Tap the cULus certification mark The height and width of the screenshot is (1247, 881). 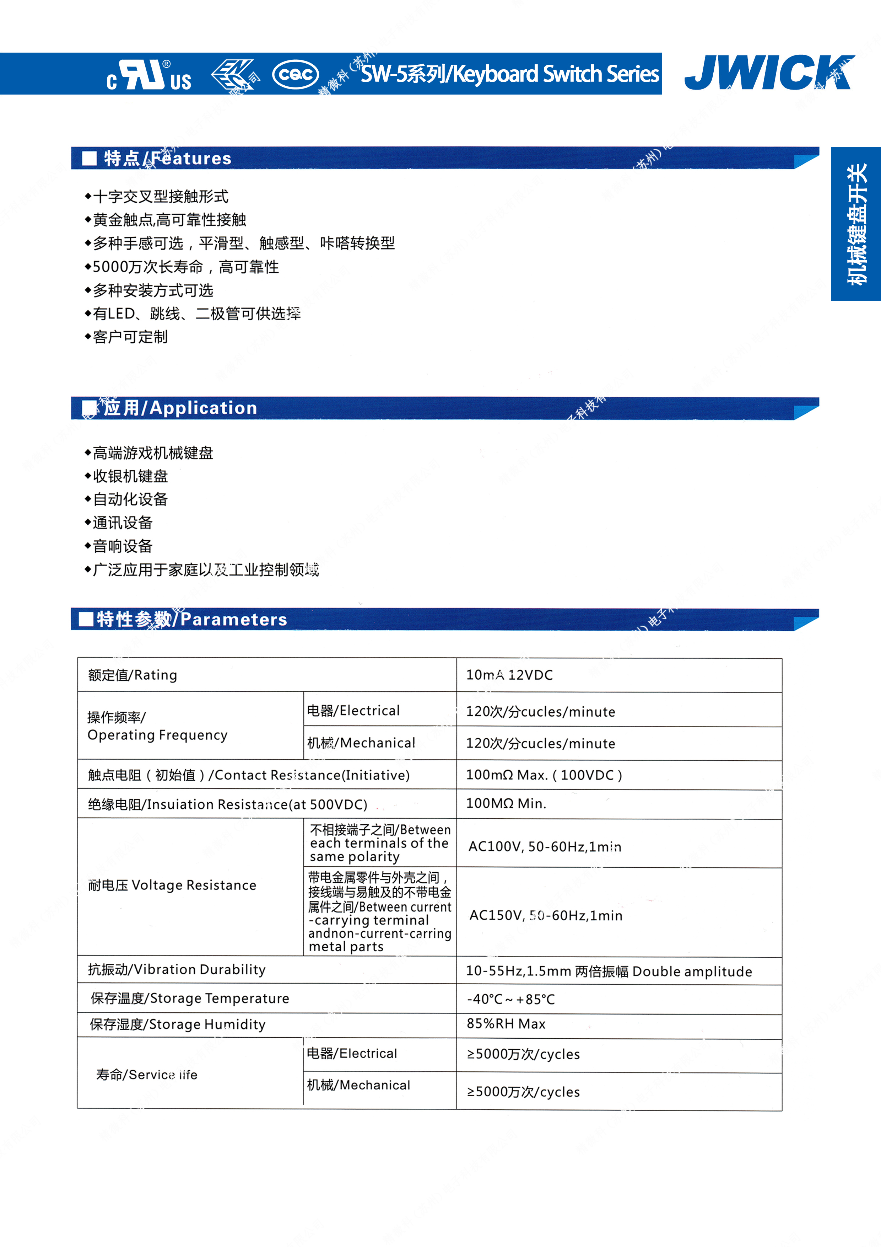point(149,75)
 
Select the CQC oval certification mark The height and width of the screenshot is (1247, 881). point(295,74)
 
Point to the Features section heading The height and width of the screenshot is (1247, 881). point(168,158)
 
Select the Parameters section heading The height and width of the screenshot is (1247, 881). point(191,619)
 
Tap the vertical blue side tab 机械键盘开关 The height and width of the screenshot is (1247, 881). point(856,224)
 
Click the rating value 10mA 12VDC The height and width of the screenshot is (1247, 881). point(509,675)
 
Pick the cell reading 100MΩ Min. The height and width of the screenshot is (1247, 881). point(506,803)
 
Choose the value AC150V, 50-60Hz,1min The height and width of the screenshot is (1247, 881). point(546,916)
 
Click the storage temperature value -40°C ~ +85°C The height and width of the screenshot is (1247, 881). point(511,999)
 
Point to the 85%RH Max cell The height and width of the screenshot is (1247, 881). point(506,1024)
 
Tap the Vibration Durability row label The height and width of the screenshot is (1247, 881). point(177,969)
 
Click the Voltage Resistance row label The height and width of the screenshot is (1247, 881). point(172,885)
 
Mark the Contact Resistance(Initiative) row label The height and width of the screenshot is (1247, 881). point(249,775)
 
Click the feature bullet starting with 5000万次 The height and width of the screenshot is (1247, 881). point(186,267)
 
